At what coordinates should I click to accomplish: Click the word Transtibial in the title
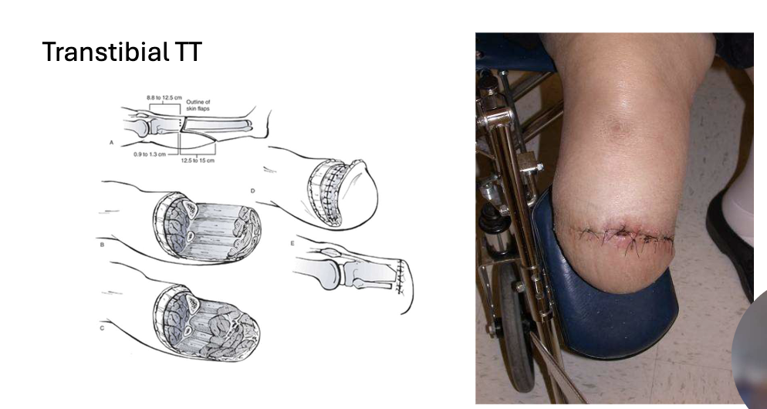(106, 52)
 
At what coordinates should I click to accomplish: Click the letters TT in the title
(188, 52)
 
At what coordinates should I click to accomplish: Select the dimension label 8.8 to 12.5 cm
(164, 98)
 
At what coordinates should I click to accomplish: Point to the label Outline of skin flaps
(198, 105)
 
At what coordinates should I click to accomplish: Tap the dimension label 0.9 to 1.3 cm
(150, 154)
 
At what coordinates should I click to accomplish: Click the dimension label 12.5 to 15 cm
(198, 161)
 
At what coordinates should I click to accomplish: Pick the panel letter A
(112, 143)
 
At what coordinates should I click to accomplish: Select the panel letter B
(102, 245)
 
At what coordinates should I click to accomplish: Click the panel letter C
(102, 328)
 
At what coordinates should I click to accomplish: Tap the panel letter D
(252, 191)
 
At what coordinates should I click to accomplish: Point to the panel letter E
(292, 243)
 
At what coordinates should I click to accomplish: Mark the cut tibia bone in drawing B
(189, 209)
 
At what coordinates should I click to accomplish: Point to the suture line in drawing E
(400, 276)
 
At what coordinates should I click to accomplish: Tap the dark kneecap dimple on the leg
(617, 128)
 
